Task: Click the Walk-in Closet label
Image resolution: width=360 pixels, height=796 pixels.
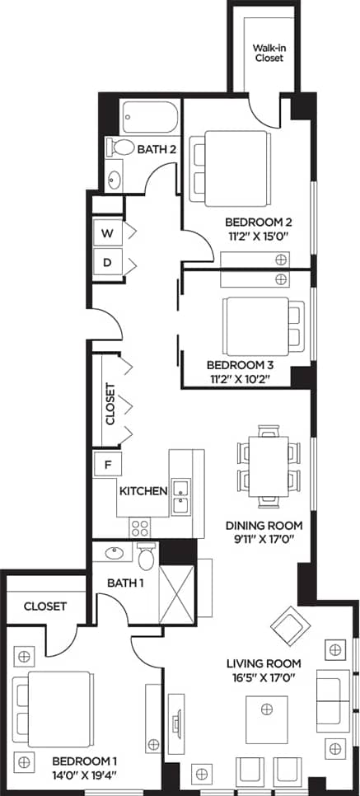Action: (269, 53)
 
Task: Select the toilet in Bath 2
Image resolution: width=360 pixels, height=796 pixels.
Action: (123, 147)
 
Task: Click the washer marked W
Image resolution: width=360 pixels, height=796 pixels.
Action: (106, 233)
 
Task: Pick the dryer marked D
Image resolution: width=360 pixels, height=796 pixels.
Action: (106, 263)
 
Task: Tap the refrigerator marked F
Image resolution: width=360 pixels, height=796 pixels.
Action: (106, 465)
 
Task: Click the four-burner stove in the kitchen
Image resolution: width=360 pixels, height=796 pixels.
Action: (140, 526)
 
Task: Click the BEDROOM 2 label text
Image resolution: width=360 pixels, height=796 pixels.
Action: (259, 222)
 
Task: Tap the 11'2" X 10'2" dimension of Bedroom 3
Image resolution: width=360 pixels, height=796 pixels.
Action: (238, 379)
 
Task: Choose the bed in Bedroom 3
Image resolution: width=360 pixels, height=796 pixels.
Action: (256, 319)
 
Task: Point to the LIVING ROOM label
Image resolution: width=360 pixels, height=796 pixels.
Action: (264, 663)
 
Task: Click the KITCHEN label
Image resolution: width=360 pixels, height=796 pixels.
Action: (144, 491)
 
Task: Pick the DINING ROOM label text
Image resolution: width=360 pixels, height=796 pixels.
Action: (264, 526)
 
